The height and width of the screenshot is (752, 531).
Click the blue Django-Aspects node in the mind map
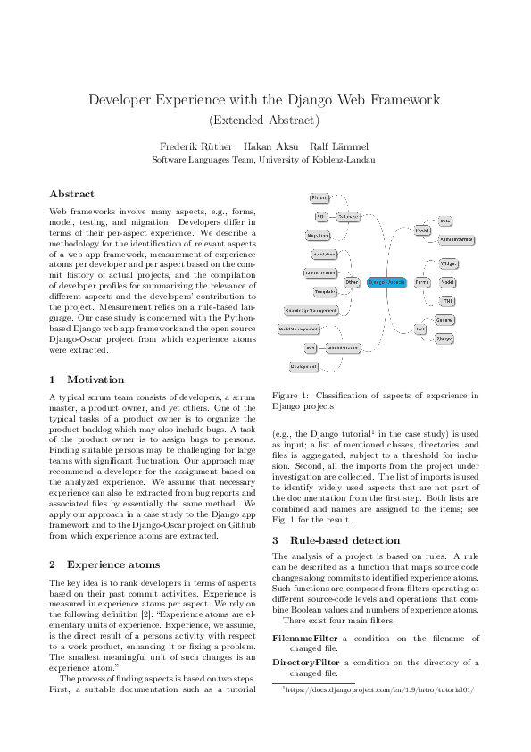point(386,281)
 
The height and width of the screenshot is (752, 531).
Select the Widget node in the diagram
point(448,263)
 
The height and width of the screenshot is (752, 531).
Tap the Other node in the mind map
point(352,281)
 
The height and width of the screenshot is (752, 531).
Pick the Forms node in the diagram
point(422,281)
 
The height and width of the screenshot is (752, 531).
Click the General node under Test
point(444,320)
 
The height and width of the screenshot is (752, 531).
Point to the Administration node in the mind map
point(343,347)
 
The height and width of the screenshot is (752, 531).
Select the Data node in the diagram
point(445,220)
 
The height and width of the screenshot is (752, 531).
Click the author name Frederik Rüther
point(195,146)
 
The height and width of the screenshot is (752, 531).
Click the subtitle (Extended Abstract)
point(265,119)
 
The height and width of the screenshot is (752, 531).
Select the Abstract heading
point(71,194)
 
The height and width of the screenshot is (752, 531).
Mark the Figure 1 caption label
point(291,395)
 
